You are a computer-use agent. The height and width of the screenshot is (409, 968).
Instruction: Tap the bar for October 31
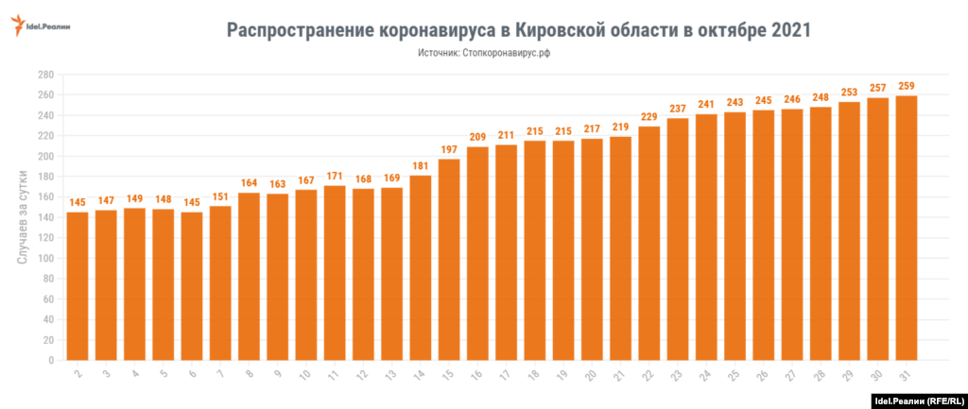coord(907,228)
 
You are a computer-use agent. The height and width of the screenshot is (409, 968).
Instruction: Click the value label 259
coord(907,86)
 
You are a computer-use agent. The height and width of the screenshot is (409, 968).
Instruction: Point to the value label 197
coord(449,149)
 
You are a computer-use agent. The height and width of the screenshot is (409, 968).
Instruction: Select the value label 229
coord(649,117)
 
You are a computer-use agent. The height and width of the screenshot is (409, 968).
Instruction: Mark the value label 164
coord(249,183)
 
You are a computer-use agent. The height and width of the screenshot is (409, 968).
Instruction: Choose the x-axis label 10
coord(305,375)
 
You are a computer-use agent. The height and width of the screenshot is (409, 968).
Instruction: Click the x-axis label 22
coord(648,375)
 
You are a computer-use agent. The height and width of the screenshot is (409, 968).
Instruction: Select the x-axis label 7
coord(221,375)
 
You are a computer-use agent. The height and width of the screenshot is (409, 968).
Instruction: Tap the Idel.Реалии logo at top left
coord(43,26)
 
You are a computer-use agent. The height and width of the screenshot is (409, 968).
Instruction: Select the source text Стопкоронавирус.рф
coord(507,54)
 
